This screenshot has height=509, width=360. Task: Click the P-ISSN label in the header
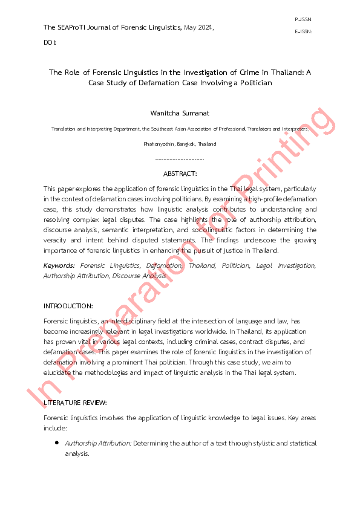coord(303,19)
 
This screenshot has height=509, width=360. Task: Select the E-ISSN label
coord(303,31)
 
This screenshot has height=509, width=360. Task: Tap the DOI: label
coord(50,43)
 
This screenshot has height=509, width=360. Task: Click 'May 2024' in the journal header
coord(198,27)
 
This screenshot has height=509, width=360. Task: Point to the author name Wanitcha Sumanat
coord(180,113)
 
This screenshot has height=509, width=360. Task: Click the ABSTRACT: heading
coord(180,173)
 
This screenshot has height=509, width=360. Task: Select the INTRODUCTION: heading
coord(68,306)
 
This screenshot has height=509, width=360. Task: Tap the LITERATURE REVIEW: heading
coord(75,402)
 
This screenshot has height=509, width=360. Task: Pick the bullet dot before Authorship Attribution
coord(56,443)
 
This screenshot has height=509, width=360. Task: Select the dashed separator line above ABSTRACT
coord(180,159)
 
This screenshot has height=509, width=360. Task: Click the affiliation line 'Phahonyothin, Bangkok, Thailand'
coord(180,144)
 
